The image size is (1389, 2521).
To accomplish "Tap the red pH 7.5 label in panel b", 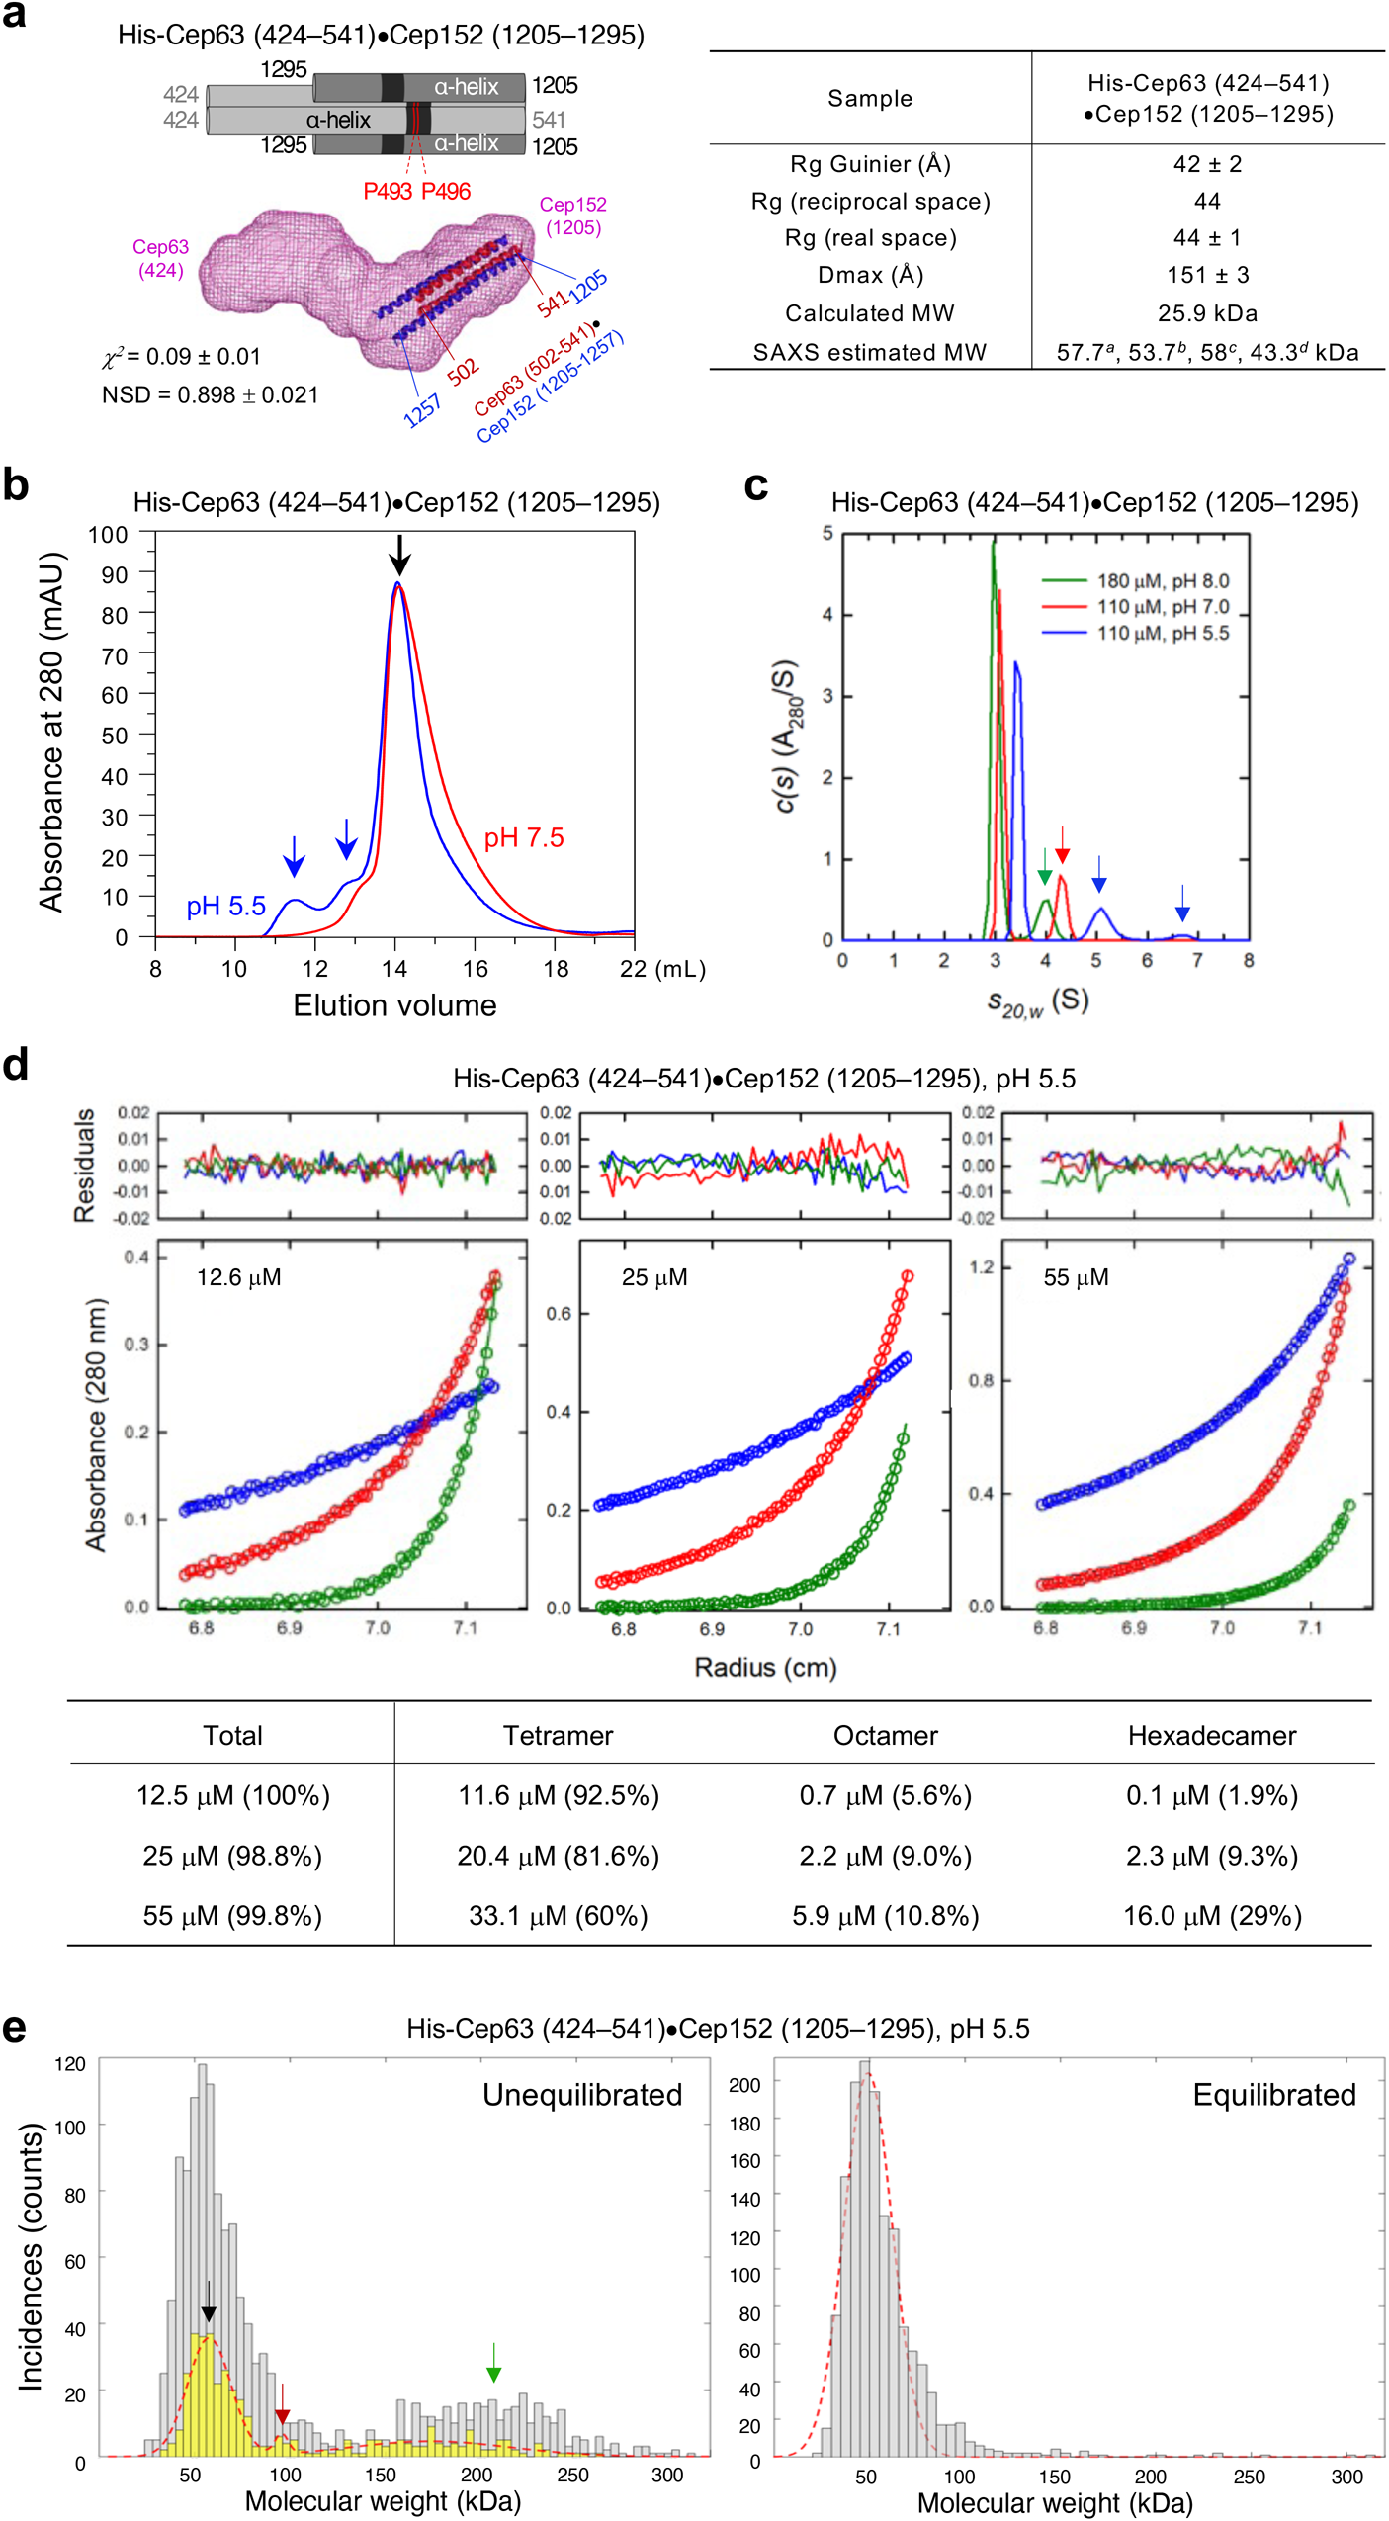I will click(523, 837).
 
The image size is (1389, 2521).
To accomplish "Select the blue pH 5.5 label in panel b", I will click(225, 906).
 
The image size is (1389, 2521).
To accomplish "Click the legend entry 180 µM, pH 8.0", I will click(1162, 580).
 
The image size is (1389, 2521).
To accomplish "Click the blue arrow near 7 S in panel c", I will click(1181, 904).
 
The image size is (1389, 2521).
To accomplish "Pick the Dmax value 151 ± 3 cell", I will click(1207, 275).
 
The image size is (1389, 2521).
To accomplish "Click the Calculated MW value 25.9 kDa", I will click(1207, 313).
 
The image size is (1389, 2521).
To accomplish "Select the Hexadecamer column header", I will click(1211, 1735).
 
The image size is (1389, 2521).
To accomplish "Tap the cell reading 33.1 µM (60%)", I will click(558, 1915).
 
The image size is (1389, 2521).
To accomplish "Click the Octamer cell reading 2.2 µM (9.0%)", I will click(885, 1856).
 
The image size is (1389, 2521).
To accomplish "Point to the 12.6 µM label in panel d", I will click(238, 1277).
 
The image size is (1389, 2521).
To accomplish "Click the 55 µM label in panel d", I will click(1076, 1277).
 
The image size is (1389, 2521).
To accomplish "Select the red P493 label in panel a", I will click(387, 191).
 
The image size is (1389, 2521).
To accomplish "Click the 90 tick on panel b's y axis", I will click(115, 574).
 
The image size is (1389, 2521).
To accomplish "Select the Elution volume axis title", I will click(394, 1005).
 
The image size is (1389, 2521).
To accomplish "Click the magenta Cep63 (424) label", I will click(160, 258).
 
